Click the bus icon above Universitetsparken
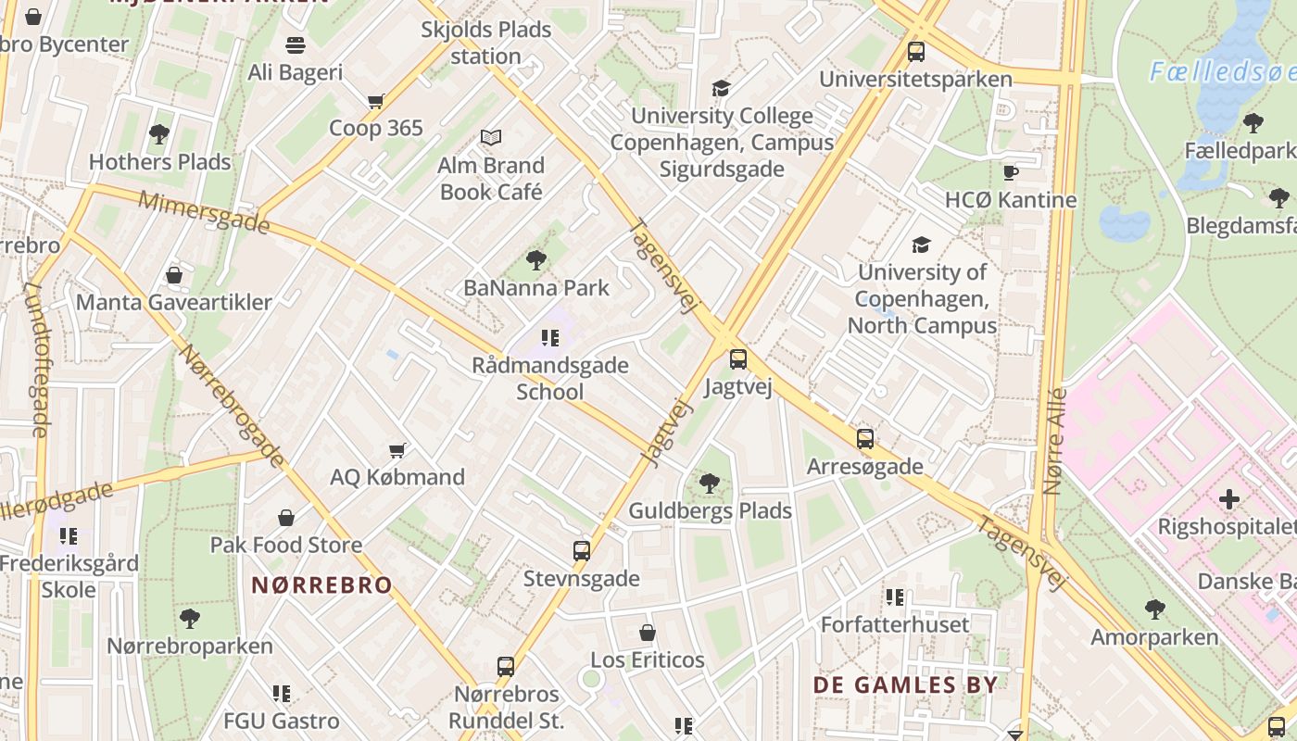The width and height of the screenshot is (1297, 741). [x=916, y=52]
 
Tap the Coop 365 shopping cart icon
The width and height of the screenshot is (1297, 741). [x=375, y=101]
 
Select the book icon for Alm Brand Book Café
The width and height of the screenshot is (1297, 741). [x=491, y=138]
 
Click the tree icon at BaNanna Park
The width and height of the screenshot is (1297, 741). [x=535, y=260]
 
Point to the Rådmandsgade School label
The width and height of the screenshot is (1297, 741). [x=550, y=378]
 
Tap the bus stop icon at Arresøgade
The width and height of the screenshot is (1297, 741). [x=865, y=439]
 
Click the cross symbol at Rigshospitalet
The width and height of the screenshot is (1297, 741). [x=1229, y=500]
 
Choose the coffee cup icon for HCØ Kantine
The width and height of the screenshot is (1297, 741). [x=1011, y=173]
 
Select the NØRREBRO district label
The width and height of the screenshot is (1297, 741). [x=322, y=585]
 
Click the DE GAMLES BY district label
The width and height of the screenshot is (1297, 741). [x=905, y=684]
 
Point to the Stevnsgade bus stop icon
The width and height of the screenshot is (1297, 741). [x=582, y=551]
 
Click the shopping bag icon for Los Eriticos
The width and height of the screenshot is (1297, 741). [x=648, y=634]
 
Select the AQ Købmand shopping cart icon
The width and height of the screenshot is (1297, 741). [x=397, y=450]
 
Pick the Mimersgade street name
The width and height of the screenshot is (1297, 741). [x=204, y=212]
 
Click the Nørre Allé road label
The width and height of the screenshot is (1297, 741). [x=1054, y=441]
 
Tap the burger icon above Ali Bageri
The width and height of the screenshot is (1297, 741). [x=296, y=44]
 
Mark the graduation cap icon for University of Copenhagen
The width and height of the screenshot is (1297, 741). [x=921, y=245]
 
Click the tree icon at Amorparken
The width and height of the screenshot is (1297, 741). [x=1154, y=609]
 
